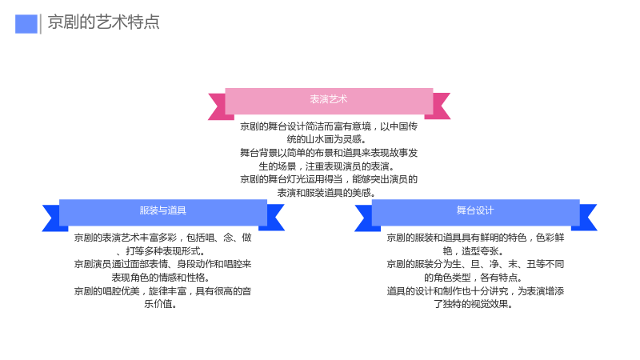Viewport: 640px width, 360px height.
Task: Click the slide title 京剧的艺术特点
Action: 104,22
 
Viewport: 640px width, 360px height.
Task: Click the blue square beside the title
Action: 26,24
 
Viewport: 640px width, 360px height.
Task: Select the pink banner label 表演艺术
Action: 329,99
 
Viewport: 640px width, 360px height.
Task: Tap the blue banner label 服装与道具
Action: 163,210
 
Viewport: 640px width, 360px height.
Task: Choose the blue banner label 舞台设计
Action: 475,210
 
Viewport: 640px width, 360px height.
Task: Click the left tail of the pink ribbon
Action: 218,107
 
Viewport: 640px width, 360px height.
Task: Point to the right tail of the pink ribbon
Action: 438,106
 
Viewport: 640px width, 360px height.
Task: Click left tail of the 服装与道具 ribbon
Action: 52,218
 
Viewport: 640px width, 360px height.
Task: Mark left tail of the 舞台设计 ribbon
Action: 365,218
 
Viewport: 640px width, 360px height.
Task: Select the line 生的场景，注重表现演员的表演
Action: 326,166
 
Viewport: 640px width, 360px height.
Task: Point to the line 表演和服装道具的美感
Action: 326,193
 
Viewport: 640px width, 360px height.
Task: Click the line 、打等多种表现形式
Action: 162,251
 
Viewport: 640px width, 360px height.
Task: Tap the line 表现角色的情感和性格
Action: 161,278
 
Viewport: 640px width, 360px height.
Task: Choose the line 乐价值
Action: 161,304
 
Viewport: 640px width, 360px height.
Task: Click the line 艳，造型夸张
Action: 474,251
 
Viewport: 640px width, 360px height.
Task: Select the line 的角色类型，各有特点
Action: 474,278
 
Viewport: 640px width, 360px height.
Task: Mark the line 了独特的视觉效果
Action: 474,304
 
